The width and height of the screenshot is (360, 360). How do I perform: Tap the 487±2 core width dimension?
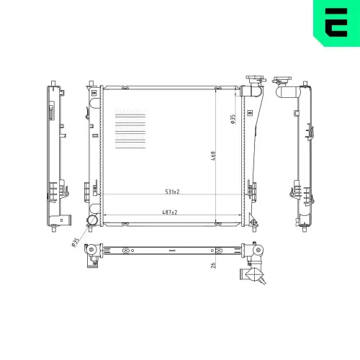tap(170, 212)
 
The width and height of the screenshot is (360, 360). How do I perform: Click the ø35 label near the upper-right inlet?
tap(233, 119)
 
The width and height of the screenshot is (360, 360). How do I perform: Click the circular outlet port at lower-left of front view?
tap(91, 221)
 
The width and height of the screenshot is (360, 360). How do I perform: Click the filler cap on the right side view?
tap(282, 79)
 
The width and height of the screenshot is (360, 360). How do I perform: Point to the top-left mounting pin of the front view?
tap(90, 84)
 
